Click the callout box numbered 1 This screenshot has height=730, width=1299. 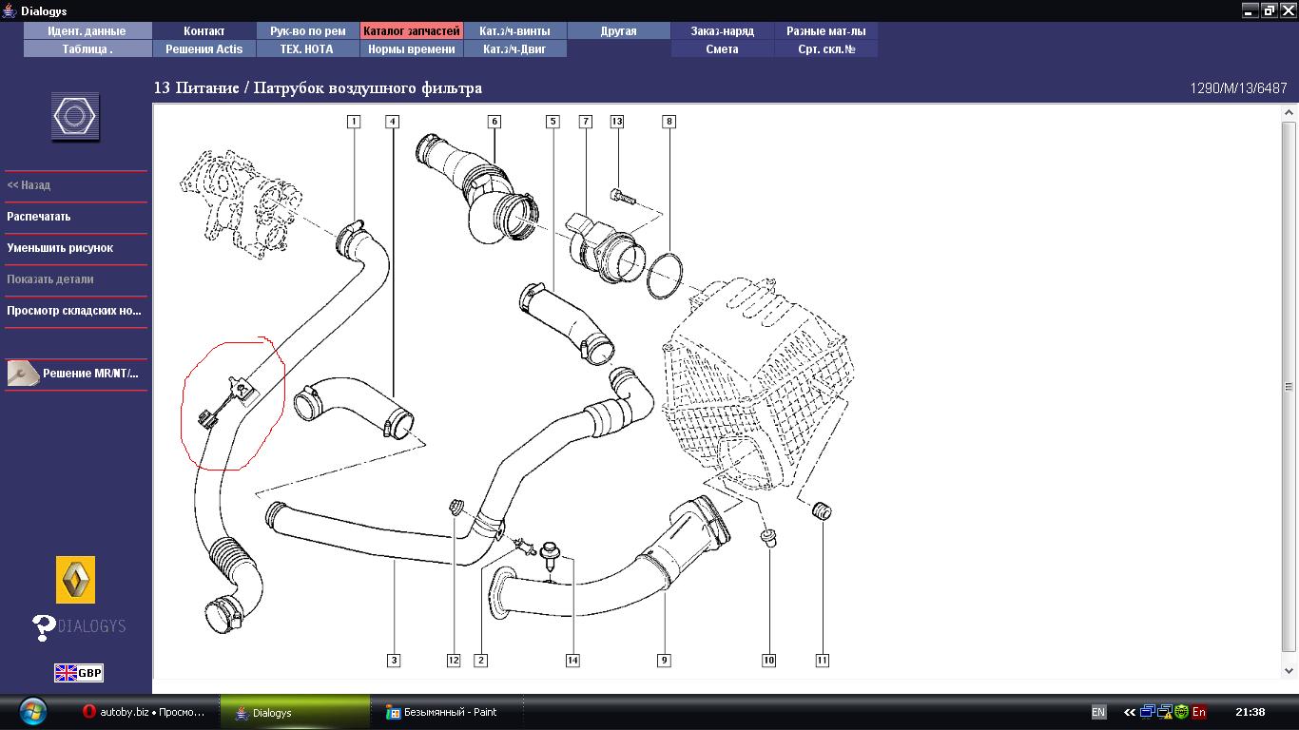[x=354, y=121]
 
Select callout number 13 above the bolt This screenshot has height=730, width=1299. [x=616, y=121]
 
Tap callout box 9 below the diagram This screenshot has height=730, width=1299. [x=664, y=660]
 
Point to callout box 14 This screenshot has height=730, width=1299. [x=572, y=660]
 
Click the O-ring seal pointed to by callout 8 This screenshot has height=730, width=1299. [x=664, y=276]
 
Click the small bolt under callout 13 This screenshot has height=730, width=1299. [x=622, y=197]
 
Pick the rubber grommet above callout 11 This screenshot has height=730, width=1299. [x=822, y=510]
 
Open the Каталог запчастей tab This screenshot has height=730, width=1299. [x=411, y=30]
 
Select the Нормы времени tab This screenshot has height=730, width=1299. [x=411, y=48]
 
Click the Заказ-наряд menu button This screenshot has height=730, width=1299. [x=722, y=30]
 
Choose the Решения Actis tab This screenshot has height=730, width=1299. [x=204, y=48]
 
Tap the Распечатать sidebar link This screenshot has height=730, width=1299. [x=39, y=217]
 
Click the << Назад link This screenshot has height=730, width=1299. [x=29, y=185]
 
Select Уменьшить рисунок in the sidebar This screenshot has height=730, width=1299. [x=60, y=247]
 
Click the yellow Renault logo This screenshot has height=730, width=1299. [x=75, y=580]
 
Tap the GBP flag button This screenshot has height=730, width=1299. [x=79, y=673]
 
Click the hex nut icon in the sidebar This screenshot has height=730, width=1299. [x=75, y=116]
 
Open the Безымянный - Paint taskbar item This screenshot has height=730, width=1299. [x=442, y=712]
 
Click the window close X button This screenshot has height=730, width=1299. [x=1288, y=10]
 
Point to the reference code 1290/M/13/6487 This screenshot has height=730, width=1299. [x=1238, y=88]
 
